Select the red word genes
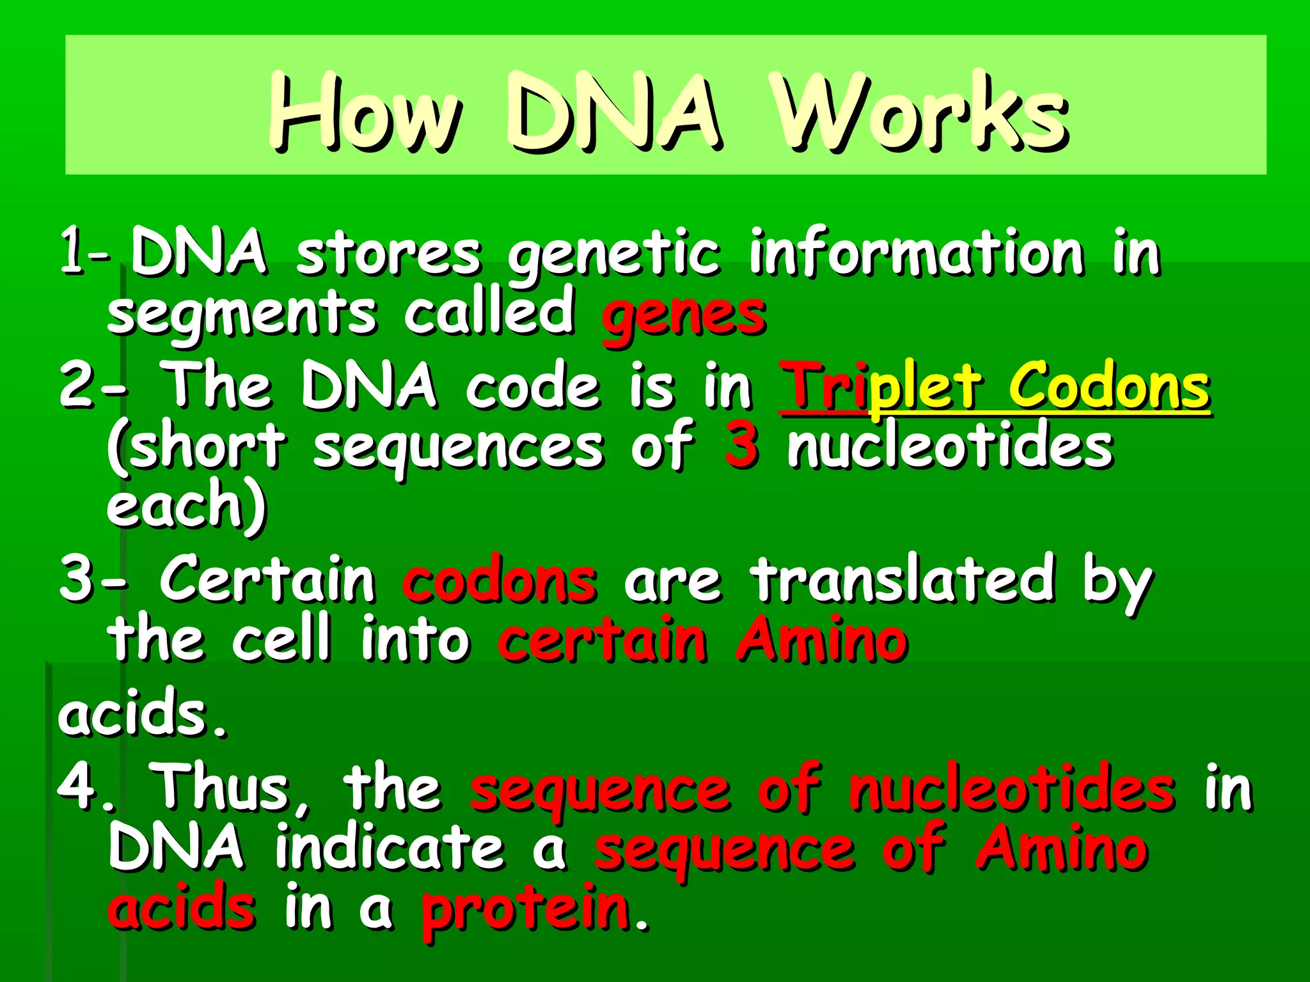pos(683,315)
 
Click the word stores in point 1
pos(388,254)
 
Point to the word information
pos(917,254)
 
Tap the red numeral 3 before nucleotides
pos(741,446)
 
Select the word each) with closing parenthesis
pos(185,505)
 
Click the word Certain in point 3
pos(267,580)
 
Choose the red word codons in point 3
pos(500,581)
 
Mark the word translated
pos(903,580)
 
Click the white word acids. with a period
pos(142,714)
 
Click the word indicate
pos(390,848)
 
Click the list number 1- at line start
pos(84,254)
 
